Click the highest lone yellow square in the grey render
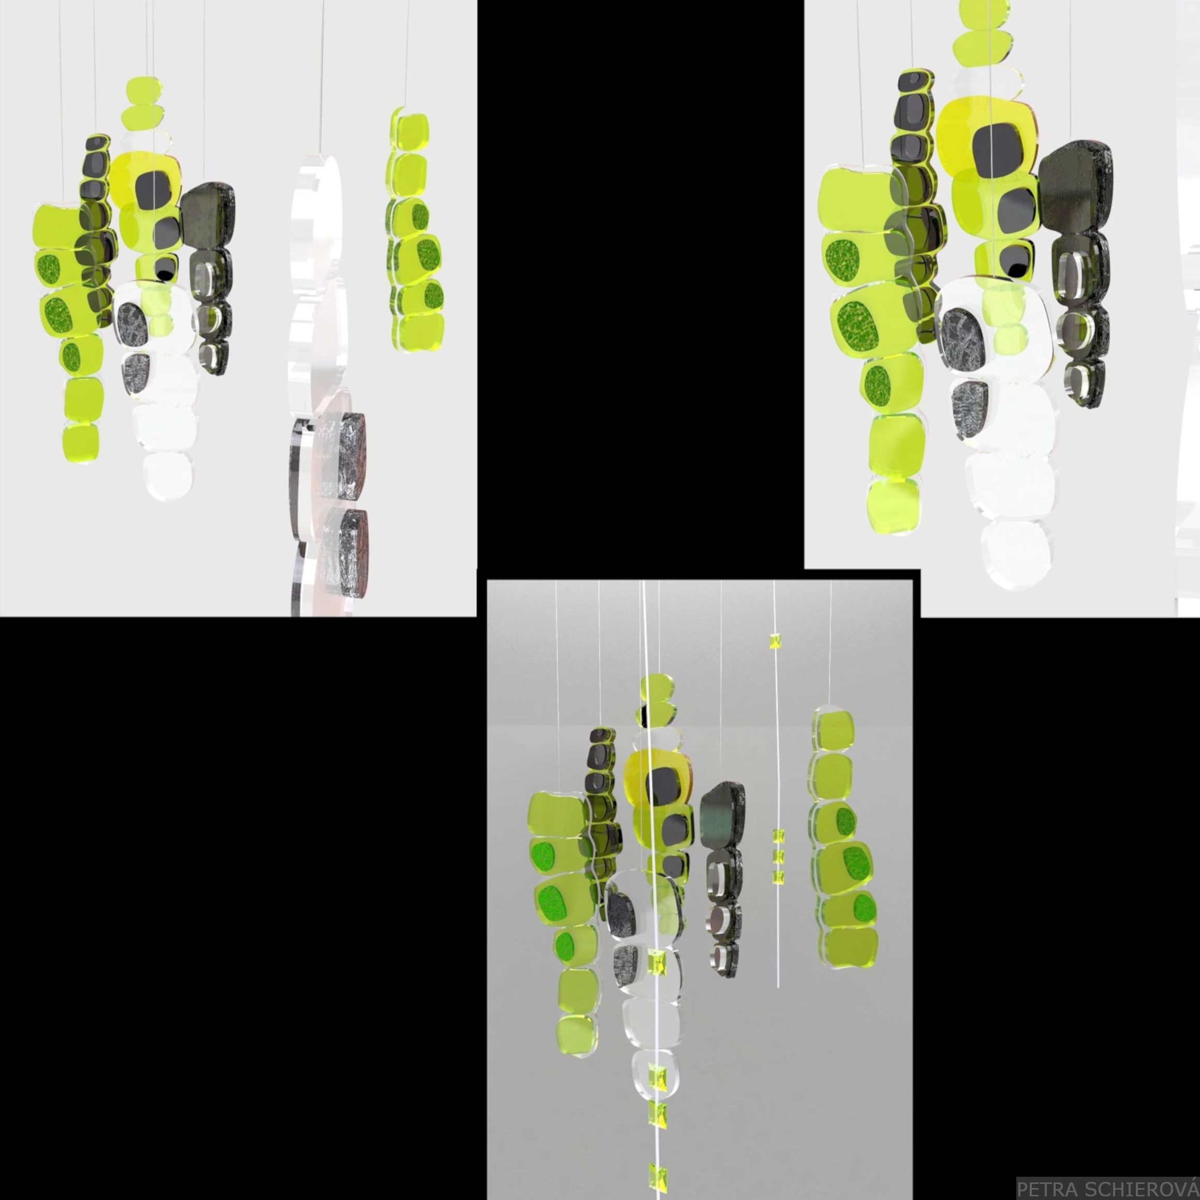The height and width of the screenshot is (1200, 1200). click(775, 641)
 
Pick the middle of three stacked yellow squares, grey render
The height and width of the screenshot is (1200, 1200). click(778, 857)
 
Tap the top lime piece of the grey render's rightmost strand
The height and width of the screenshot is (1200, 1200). click(833, 731)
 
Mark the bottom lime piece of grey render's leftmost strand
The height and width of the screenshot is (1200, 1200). click(577, 1035)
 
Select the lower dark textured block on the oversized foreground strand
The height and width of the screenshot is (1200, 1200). click(344, 552)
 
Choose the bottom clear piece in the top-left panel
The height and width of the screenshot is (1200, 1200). click(168, 475)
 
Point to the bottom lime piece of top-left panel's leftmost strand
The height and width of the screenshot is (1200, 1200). click(81, 443)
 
